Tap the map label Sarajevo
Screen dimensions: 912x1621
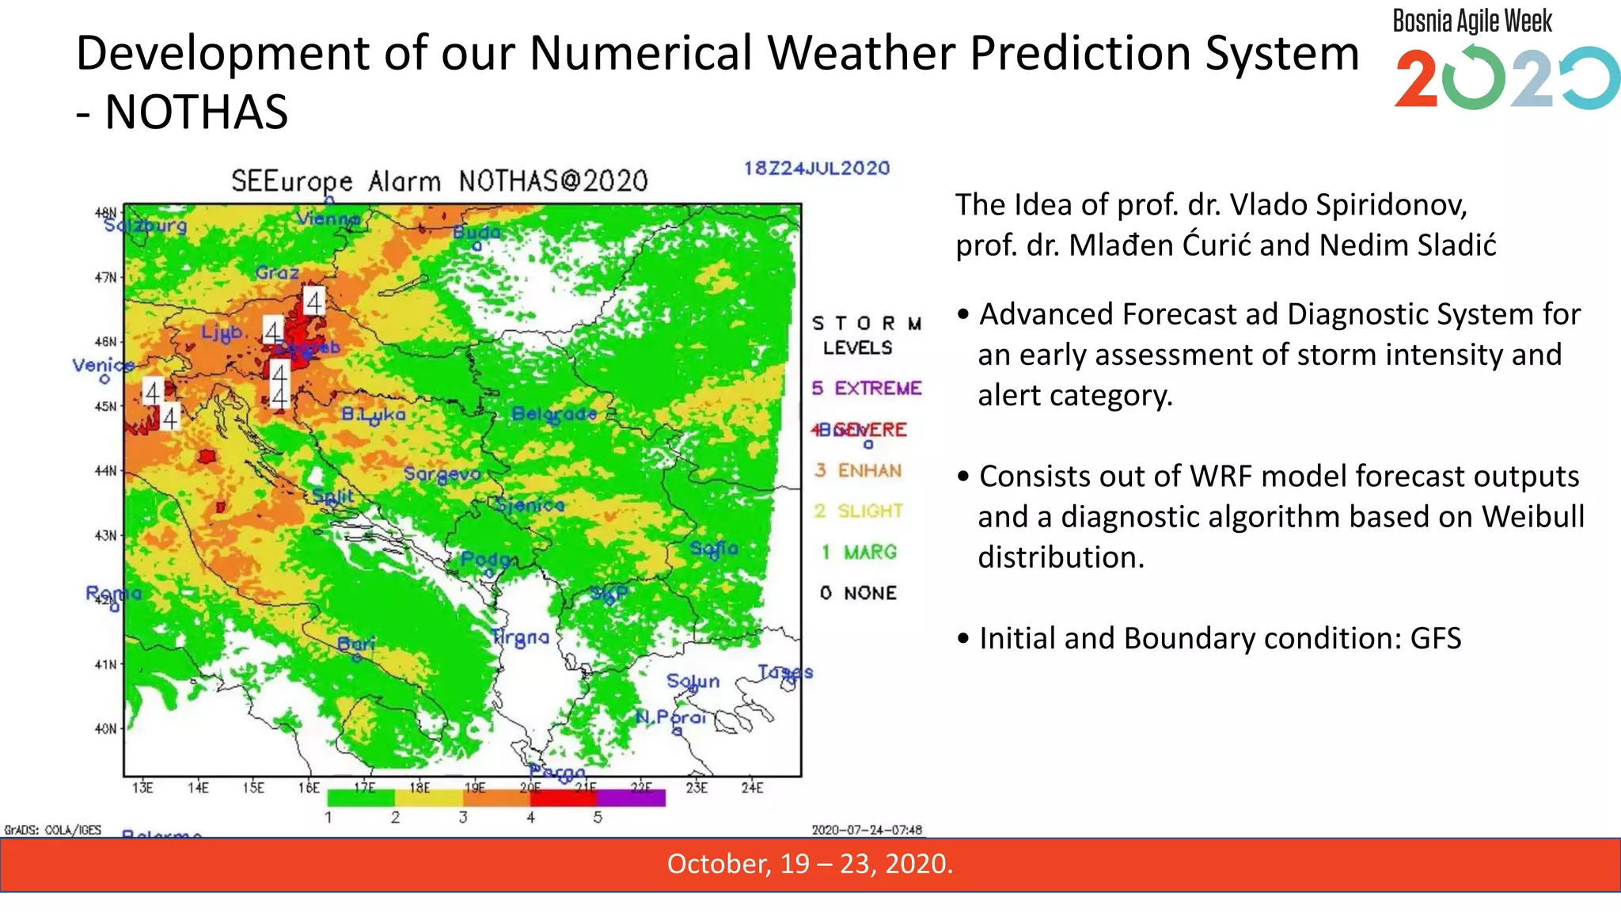(442, 473)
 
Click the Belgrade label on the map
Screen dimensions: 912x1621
(553, 413)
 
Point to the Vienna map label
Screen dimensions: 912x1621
(328, 218)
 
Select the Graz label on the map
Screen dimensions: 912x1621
(276, 272)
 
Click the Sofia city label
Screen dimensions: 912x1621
(713, 548)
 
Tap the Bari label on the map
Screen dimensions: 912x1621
(355, 644)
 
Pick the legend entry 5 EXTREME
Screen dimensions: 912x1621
(867, 388)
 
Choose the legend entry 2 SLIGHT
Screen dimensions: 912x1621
(859, 511)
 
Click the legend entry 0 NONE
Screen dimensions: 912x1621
(859, 593)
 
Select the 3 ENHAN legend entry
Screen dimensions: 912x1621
(859, 470)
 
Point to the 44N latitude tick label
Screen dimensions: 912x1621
(105, 471)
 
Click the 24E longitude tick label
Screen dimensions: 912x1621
(752, 788)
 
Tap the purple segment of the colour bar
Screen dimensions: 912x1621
(632, 798)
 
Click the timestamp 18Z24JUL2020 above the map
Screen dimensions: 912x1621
(816, 168)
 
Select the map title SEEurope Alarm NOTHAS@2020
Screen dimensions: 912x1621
(439, 181)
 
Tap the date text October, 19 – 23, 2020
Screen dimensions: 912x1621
(810, 864)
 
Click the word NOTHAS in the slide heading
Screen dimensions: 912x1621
(196, 112)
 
